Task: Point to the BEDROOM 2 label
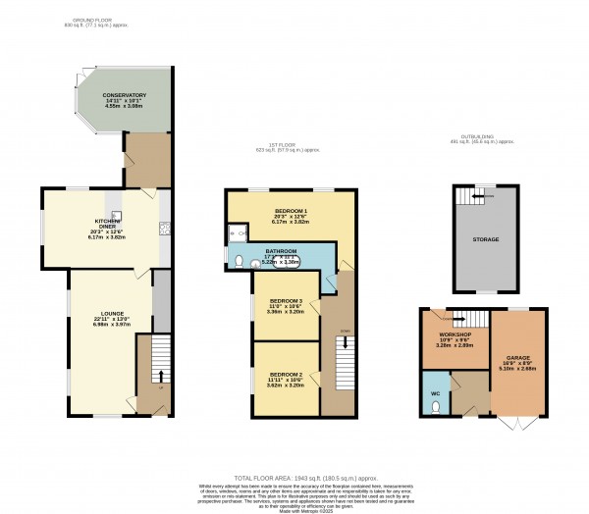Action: click(286, 376)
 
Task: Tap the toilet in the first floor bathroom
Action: click(241, 262)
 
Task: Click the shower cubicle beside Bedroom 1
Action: click(236, 232)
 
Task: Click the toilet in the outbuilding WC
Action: click(436, 410)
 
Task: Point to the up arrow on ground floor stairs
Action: click(159, 375)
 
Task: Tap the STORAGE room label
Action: click(485, 239)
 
